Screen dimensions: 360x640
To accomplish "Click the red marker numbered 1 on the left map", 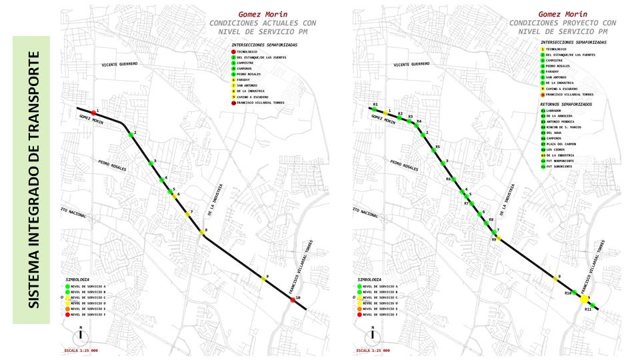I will point(93,112).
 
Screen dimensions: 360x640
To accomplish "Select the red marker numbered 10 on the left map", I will point(293,300).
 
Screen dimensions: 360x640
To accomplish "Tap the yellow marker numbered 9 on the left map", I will point(263,279).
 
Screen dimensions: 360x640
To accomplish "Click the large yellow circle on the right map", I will point(585,299).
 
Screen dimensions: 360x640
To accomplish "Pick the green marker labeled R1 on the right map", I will point(375,109).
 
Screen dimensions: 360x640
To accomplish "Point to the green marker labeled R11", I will point(593,305).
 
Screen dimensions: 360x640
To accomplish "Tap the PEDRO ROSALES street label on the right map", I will point(404,165).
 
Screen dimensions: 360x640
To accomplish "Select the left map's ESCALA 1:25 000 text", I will point(80,350).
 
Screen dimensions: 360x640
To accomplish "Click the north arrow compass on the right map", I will point(373,335).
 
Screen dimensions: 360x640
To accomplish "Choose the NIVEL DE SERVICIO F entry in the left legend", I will point(89,315).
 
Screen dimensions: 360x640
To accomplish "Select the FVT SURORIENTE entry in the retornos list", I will point(558,166).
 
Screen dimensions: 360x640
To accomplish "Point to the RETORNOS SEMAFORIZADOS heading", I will point(565,104).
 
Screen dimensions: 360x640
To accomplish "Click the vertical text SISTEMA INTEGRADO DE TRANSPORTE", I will point(31,180).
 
